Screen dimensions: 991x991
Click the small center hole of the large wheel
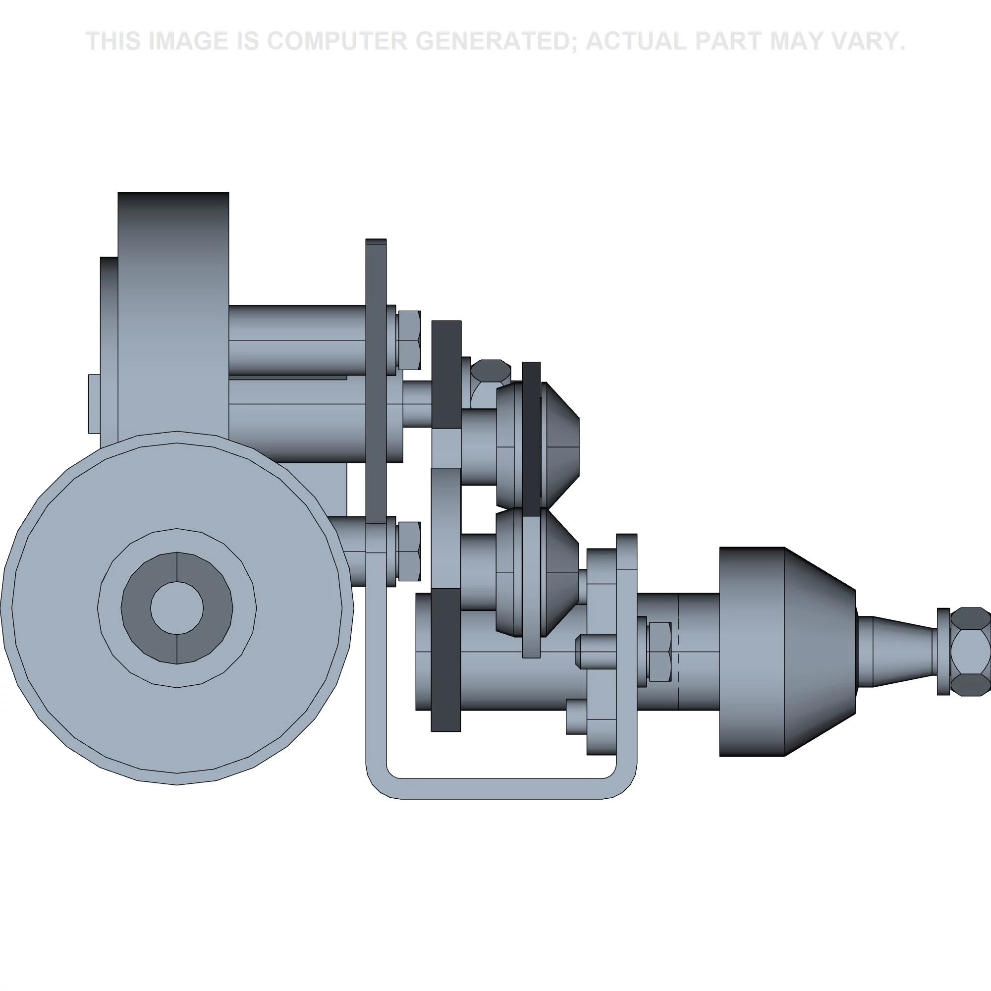point(177,608)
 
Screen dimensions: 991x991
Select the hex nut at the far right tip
point(970,652)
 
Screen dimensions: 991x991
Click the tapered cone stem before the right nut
point(895,652)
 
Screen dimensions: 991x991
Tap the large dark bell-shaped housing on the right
point(785,652)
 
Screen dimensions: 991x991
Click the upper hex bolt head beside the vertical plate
point(409,340)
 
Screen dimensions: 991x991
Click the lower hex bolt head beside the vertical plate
point(409,551)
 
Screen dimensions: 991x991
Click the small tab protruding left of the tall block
point(94,404)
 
